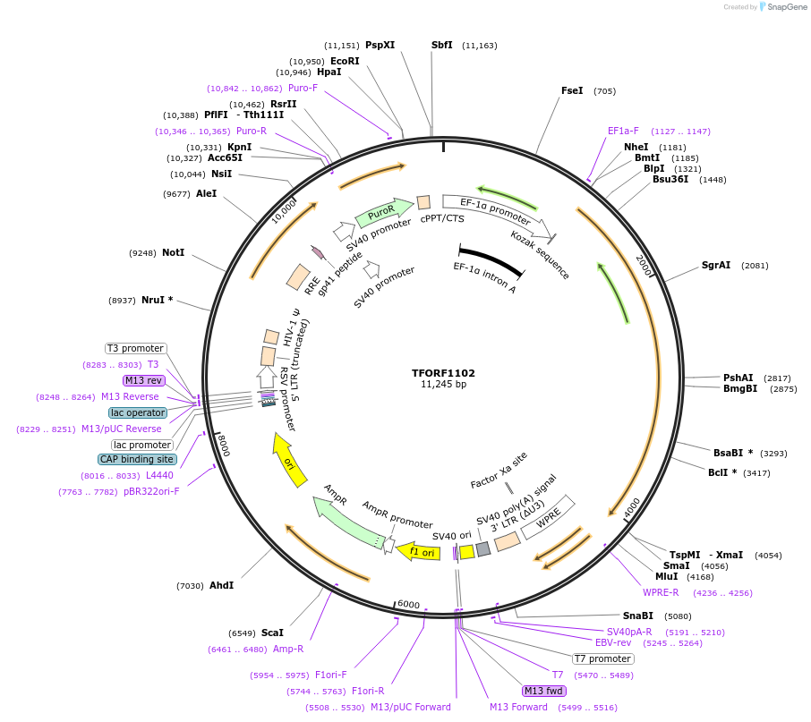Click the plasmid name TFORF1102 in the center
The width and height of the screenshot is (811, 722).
point(443,372)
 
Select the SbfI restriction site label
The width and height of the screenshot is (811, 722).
point(442,45)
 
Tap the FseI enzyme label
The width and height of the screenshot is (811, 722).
point(572,90)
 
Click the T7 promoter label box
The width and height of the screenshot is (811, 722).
point(603,659)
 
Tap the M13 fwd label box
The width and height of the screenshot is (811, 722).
point(544,691)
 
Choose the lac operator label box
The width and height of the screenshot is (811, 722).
point(138,412)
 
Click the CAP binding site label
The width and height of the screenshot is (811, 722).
point(137,459)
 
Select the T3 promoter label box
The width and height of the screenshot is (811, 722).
point(135,348)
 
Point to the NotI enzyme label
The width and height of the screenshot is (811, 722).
point(173,252)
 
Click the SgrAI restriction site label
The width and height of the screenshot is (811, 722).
point(716,265)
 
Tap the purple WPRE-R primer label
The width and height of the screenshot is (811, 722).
point(661,592)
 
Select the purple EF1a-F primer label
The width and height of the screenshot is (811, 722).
point(623,131)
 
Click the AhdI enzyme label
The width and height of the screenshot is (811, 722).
point(221,585)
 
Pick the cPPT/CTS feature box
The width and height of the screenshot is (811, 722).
point(423,202)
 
